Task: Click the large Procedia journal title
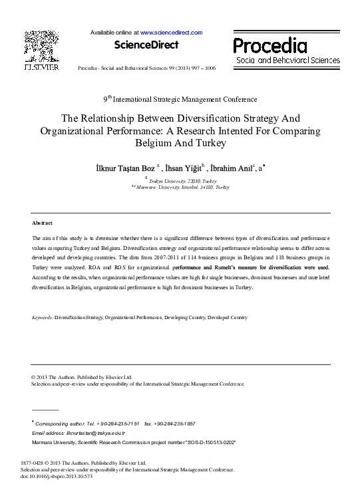click(270, 46)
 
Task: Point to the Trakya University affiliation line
click(182, 181)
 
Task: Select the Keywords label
click(43, 318)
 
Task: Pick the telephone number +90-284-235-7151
click(118, 423)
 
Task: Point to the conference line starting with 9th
click(180, 99)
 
